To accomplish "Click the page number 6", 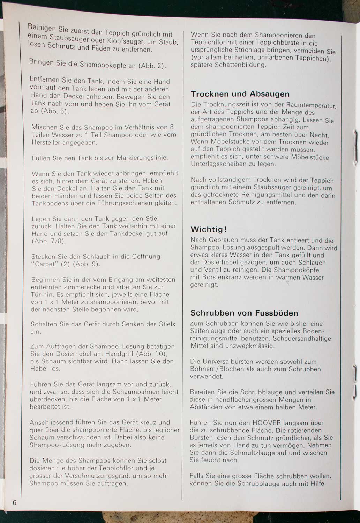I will tap(14, 502).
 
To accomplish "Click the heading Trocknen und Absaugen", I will tap(240, 94).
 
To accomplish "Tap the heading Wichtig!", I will tap(209, 229).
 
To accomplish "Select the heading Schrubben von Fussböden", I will tap(244, 313).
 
